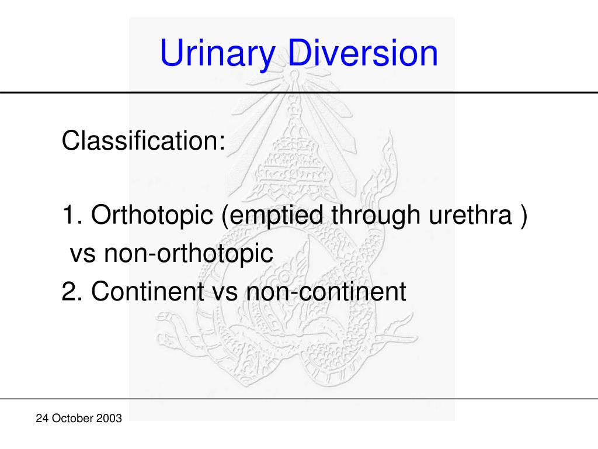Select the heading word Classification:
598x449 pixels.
144,141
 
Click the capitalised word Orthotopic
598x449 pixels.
152,217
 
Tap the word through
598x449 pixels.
375,217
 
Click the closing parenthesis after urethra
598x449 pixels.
523,217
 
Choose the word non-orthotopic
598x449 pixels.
189,254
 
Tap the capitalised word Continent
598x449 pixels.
147,291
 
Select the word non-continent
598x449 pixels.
325,291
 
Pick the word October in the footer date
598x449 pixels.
72,418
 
